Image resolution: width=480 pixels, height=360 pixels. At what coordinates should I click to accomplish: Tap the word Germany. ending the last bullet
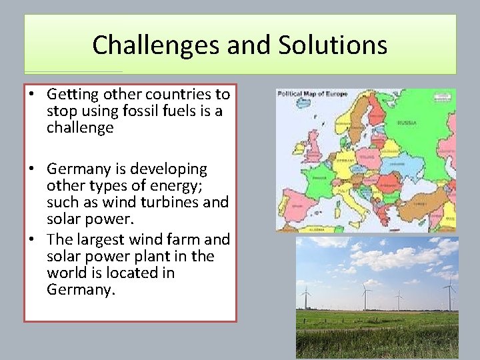81,289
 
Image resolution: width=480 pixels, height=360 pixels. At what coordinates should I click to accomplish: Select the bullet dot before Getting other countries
32,95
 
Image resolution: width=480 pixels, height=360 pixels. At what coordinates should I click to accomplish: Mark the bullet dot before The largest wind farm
32,239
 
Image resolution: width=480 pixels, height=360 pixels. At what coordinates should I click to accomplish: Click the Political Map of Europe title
312,94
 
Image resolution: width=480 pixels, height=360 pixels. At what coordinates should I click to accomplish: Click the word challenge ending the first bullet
80,127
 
